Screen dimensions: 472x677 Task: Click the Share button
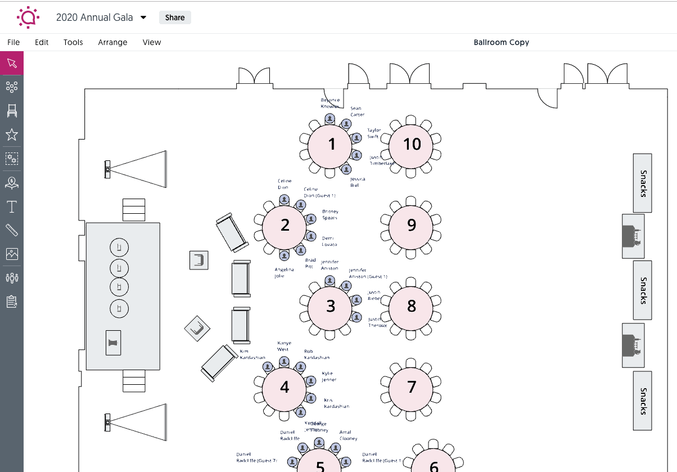tap(175, 17)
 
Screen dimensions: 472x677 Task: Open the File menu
tap(13, 42)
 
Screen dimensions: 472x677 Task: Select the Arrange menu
tap(112, 42)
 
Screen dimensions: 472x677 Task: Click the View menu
tap(152, 42)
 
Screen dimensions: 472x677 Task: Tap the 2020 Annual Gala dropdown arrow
tap(143, 17)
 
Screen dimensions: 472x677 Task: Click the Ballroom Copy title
tap(501, 42)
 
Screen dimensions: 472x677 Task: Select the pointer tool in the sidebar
tap(12, 63)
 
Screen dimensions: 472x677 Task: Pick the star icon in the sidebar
tap(12, 134)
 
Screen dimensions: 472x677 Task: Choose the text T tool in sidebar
tap(12, 207)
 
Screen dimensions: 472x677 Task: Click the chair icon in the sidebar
tap(12, 111)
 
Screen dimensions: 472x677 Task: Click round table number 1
tap(331, 145)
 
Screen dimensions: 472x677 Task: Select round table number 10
tap(412, 145)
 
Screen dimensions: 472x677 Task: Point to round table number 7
tap(412, 387)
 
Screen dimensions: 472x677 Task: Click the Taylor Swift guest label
tap(374, 133)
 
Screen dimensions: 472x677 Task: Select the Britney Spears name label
tap(330, 215)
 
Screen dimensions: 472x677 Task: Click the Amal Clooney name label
tap(348, 435)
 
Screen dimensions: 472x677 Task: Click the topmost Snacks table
tap(643, 183)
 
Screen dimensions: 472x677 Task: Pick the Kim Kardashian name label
tap(252, 354)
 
